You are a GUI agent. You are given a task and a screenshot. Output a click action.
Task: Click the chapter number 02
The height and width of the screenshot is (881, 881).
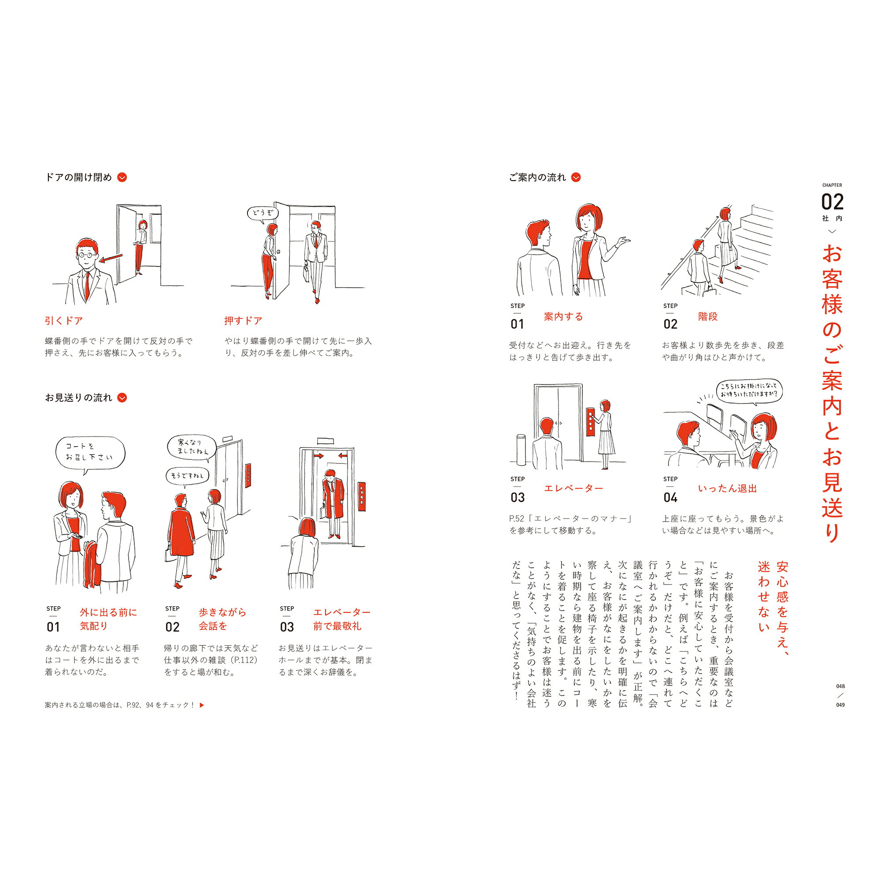[x=832, y=202]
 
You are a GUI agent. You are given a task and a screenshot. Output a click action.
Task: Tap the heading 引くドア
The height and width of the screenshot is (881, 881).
[x=64, y=321]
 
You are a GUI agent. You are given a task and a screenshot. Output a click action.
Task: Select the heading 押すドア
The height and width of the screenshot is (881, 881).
[x=243, y=321]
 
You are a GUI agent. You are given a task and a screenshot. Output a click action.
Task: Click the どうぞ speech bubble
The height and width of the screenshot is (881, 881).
[x=262, y=213]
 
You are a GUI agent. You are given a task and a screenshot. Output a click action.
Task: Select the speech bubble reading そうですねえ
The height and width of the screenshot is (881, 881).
[x=187, y=476]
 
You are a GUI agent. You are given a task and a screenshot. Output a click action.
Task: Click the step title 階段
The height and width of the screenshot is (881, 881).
[x=708, y=316]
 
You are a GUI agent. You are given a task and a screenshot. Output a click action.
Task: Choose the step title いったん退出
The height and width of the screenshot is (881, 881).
[x=727, y=489]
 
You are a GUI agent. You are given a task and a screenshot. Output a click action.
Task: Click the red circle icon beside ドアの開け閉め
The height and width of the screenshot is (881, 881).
[x=122, y=178]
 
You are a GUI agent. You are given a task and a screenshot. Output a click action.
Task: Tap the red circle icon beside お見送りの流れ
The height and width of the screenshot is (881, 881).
[x=122, y=398]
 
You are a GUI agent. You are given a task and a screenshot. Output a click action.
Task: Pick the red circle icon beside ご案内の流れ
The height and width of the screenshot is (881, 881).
[x=576, y=178]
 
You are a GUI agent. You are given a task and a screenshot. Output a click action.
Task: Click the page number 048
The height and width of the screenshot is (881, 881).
[x=840, y=686]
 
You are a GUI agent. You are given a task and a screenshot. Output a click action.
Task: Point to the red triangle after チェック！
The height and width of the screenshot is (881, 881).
[x=202, y=705]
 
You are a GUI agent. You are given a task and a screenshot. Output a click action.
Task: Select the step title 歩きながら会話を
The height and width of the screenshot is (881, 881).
[x=222, y=619]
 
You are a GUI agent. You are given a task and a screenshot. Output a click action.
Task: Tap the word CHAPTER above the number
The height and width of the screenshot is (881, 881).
[x=832, y=185]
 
